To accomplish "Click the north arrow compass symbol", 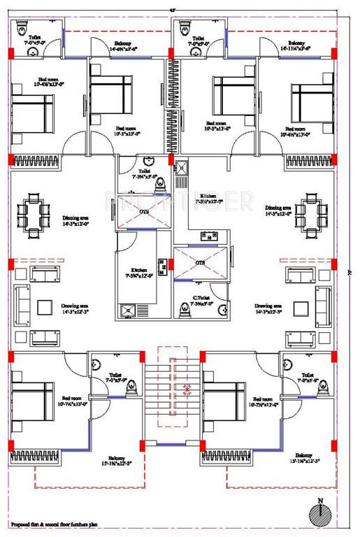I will [x=320, y=513].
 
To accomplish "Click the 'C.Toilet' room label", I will [x=203, y=300].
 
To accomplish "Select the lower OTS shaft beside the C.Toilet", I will [x=201, y=264].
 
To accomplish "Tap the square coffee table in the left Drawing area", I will [x=45, y=307].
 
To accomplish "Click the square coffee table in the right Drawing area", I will [x=301, y=307].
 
